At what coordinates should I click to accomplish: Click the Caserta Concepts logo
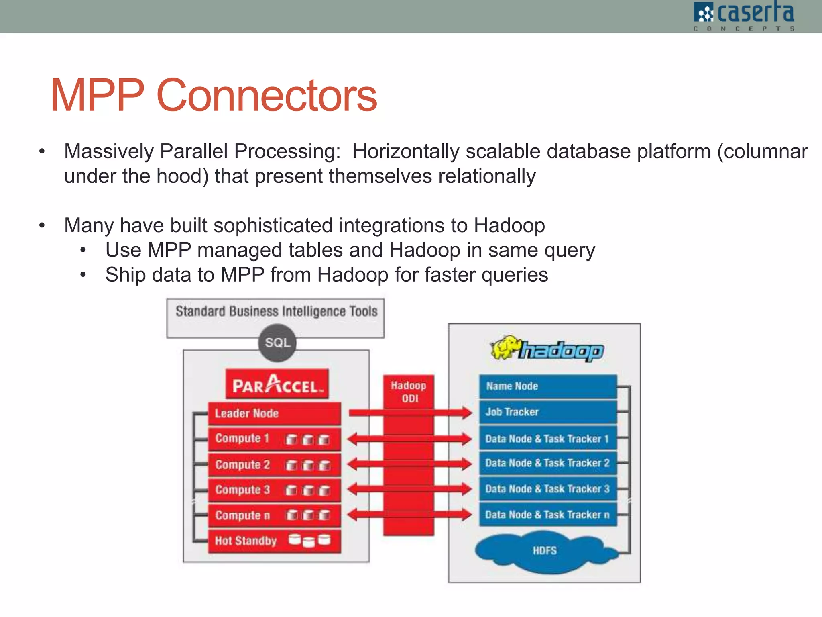743,16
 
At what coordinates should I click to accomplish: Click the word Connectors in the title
267,96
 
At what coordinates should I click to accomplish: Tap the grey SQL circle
277,343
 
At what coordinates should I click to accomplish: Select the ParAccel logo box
277,384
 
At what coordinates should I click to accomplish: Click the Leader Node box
274,413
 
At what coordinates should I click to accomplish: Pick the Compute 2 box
274,465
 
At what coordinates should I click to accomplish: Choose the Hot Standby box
274,541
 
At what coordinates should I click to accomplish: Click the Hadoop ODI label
409,392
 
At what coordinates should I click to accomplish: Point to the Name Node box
548,386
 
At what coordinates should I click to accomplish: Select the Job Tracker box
548,412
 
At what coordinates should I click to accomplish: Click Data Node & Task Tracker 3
548,489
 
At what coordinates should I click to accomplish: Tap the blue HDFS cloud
545,550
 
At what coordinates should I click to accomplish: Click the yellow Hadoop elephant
505,347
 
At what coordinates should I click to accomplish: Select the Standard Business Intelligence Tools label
276,311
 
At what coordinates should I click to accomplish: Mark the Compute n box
274,515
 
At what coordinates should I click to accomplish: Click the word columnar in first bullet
762,151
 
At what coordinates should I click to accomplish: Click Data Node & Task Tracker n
548,515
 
